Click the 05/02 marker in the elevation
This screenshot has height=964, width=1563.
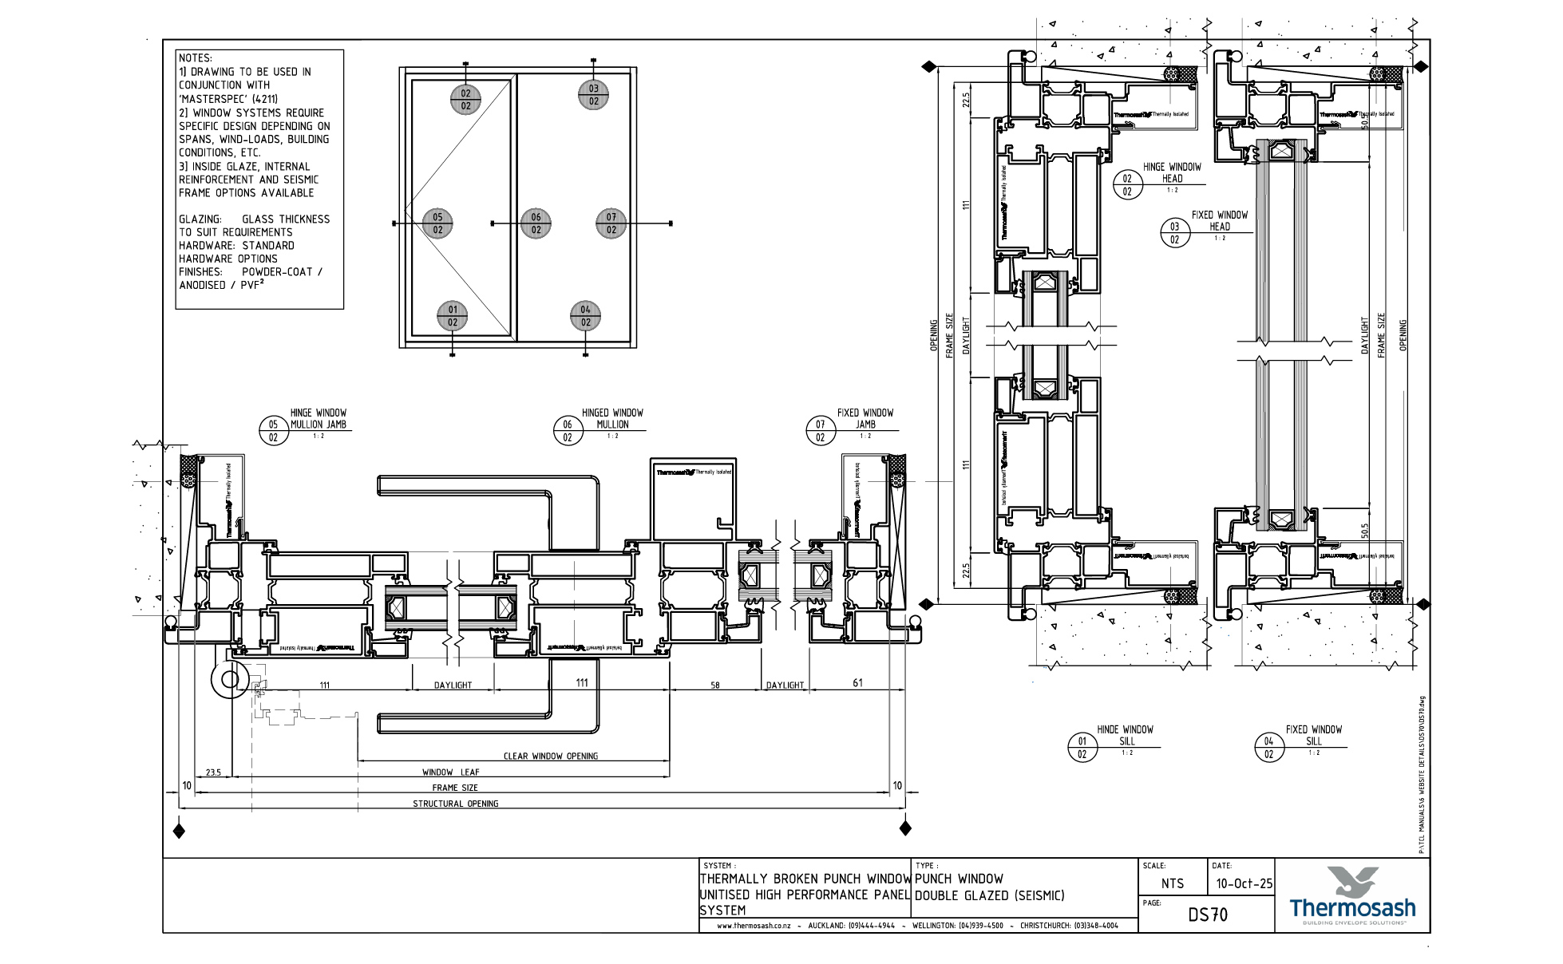437,223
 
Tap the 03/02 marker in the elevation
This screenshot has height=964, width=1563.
593,94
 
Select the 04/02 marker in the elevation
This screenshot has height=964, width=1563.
585,316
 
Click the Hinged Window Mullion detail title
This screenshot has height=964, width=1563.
612,419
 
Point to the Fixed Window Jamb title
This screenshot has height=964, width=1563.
865,419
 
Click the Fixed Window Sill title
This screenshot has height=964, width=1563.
1313,735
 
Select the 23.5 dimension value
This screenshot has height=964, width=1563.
213,772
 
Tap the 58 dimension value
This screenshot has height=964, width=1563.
714,685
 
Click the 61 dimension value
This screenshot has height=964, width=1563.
857,683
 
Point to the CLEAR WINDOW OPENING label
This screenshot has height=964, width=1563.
550,757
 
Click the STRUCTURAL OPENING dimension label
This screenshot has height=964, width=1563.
455,804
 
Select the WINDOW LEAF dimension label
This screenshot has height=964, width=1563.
451,772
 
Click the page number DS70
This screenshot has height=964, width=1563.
1207,915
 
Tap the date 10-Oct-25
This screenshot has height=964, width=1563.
1244,884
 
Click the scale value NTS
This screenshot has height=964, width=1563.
1172,884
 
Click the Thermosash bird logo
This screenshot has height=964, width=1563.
1352,882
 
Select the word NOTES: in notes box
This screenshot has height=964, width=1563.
196,58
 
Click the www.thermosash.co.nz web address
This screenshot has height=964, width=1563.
754,926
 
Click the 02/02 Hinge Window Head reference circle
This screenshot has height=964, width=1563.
1127,185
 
